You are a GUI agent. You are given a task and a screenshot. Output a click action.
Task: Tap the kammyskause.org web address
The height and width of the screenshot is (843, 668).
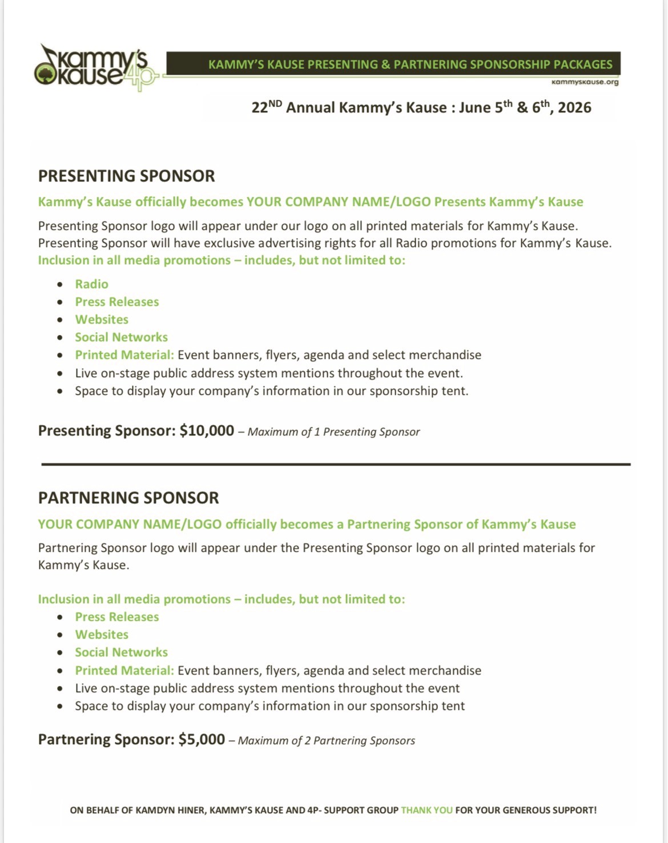click(x=585, y=82)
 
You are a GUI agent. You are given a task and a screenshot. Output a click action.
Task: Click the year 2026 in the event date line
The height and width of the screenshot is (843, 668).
click(x=574, y=107)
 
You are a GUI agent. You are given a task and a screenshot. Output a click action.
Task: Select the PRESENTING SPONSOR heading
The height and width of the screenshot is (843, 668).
click(x=126, y=176)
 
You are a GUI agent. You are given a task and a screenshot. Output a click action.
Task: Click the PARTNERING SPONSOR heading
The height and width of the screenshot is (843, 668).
click(x=128, y=498)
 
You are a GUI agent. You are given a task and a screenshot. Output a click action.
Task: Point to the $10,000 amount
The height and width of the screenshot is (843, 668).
click(x=207, y=430)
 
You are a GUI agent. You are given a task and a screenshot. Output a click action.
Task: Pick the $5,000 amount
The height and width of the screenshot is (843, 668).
click(x=202, y=739)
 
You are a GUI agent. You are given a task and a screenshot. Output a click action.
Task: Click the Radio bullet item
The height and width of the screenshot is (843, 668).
click(x=91, y=284)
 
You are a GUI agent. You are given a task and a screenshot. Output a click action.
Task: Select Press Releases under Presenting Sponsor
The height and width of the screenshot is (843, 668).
click(x=117, y=301)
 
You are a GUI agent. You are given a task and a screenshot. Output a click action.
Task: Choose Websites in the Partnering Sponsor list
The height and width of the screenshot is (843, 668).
click(x=102, y=634)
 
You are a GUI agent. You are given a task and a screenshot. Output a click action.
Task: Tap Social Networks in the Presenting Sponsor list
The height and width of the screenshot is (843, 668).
click(x=121, y=337)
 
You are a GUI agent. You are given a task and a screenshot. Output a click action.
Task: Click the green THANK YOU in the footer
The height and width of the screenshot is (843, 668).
click(x=426, y=810)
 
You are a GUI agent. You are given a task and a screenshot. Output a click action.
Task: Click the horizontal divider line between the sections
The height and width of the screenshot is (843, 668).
click(x=336, y=465)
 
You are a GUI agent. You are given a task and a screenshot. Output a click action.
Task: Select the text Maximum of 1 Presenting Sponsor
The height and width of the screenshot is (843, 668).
click(x=333, y=432)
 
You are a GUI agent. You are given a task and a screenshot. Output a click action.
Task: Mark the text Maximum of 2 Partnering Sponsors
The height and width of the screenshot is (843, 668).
click(x=326, y=741)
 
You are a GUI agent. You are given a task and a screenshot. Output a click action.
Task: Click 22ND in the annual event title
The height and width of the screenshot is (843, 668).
click(x=266, y=107)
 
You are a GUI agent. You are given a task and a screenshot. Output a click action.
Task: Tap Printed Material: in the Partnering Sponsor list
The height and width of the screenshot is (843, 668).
click(x=124, y=670)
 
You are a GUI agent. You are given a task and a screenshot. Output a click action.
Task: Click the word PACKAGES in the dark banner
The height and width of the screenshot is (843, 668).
click(x=583, y=64)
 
